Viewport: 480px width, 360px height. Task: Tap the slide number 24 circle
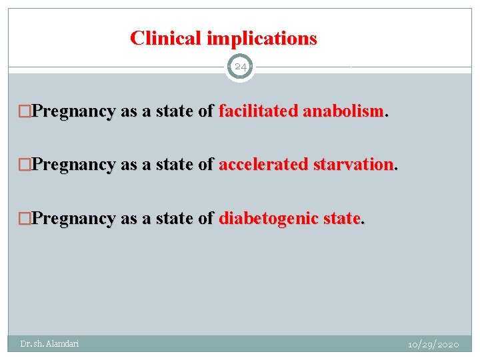pyautogui.click(x=240, y=67)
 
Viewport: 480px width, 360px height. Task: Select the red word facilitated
pyautogui.click(x=259, y=111)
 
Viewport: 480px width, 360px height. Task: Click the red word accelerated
pyautogui.click(x=261, y=165)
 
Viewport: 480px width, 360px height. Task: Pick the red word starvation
pyautogui.click(x=353, y=165)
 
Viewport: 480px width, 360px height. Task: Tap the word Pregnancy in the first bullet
pyautogui.click(x=73, y=111)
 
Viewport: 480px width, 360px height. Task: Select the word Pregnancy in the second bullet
pyautogui.click(x=73, y=165)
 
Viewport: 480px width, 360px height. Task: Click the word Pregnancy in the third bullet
pyautogui.click(x=73, y=218)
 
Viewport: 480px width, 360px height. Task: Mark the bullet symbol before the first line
pyautogui.click(x=25, y=112)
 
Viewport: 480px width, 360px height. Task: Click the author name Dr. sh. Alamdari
pyautogui.click(x=49, y=343)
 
